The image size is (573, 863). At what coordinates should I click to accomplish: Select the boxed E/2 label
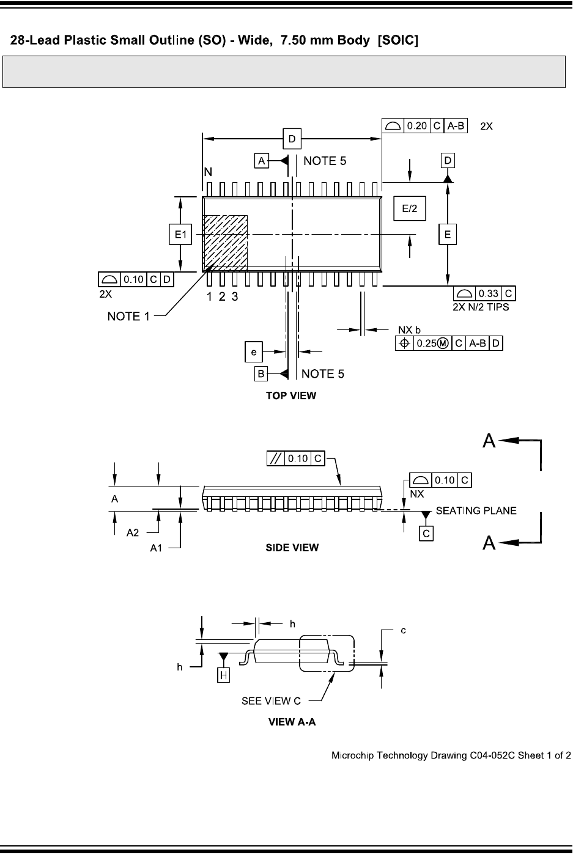coord(409,208)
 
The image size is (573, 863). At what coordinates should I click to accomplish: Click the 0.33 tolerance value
coord(488,294)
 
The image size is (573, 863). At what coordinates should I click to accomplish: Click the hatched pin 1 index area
coord(225,242)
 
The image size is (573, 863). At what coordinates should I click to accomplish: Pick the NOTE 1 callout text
coord(128,316)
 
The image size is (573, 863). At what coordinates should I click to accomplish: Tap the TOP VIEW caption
coord(291,395)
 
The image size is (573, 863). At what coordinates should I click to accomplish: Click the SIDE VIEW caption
coord(292,548)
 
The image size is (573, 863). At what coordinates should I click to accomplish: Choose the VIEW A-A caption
coord(292,722)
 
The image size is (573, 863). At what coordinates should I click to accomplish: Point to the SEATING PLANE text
coord(476,511)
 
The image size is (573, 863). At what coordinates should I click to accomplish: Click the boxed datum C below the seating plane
coord(426,533)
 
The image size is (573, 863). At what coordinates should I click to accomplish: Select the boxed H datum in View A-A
coord(224,675)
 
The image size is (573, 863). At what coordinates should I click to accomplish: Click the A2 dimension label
coord(133,533)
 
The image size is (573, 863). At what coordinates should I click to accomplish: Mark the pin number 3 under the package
coord(234,297)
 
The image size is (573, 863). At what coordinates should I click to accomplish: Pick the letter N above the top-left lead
coord(209,173)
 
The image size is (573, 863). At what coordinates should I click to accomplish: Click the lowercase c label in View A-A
coord(404,630)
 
